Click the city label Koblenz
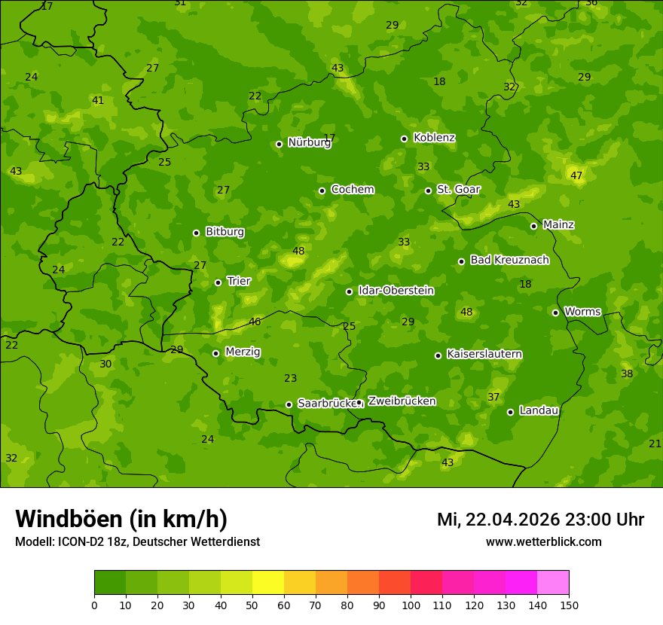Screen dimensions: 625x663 434,138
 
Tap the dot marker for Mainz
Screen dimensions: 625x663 533,226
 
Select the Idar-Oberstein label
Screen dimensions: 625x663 396,291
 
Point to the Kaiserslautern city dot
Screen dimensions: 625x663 438,355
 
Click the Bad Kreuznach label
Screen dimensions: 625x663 509,260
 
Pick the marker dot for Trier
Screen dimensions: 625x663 218,283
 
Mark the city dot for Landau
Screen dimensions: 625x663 510,412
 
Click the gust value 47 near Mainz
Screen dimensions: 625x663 576,175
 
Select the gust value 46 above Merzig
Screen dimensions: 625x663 255,322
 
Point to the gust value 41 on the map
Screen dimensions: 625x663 98,100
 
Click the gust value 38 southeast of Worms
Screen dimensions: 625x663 627,373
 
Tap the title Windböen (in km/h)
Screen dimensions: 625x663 121,519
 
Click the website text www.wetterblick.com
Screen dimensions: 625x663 543,541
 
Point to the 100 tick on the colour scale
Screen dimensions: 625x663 411,605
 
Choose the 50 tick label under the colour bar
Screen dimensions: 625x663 252,605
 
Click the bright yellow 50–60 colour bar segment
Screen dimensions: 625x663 268,583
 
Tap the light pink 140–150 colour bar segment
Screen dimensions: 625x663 553,583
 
